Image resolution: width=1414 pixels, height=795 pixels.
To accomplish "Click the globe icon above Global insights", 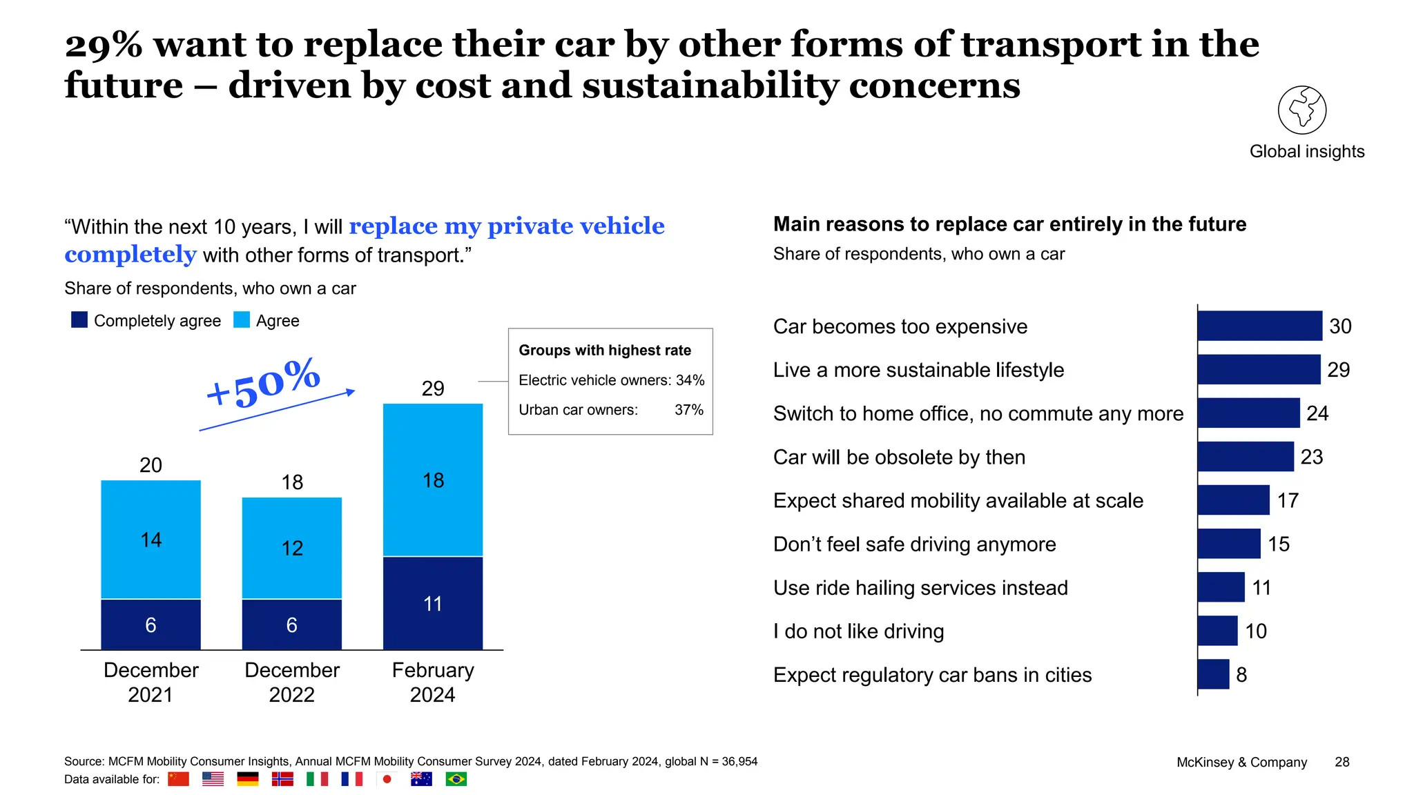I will [1301, 110].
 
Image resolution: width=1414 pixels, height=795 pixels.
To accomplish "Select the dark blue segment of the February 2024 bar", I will [433, 603].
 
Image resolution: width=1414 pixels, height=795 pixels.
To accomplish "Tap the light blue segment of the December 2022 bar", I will [292, 548].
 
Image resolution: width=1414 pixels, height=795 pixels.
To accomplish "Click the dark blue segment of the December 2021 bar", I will [151, 625].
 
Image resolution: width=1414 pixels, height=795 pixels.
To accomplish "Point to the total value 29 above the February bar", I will [433, 389].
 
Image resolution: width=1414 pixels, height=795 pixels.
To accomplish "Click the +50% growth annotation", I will [263, 383].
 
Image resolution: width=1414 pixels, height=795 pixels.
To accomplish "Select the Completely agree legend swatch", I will [79, 320].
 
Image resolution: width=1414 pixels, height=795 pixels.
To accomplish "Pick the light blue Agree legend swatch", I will [242, 320].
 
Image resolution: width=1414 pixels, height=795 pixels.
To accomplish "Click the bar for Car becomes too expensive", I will [1259, 326].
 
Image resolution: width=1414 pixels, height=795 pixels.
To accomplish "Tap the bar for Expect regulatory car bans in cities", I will [1213, 674].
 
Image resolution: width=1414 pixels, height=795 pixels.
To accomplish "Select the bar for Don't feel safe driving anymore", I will [1229, 544].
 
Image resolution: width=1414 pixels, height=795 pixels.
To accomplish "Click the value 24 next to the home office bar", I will [1317, 413].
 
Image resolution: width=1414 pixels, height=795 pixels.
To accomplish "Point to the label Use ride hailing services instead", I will [920, 588].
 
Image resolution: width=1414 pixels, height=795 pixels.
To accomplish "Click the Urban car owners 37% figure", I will [688, 410].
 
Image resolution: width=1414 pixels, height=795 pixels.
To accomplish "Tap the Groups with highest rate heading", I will [605, 351].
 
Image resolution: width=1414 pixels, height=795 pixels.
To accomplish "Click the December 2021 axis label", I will [151, 682].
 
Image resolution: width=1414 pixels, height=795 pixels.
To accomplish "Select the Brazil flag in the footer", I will [456, 779].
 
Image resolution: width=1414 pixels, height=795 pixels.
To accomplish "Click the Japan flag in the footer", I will [387, 779].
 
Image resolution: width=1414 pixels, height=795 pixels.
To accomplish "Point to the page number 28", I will [1342, 762].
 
